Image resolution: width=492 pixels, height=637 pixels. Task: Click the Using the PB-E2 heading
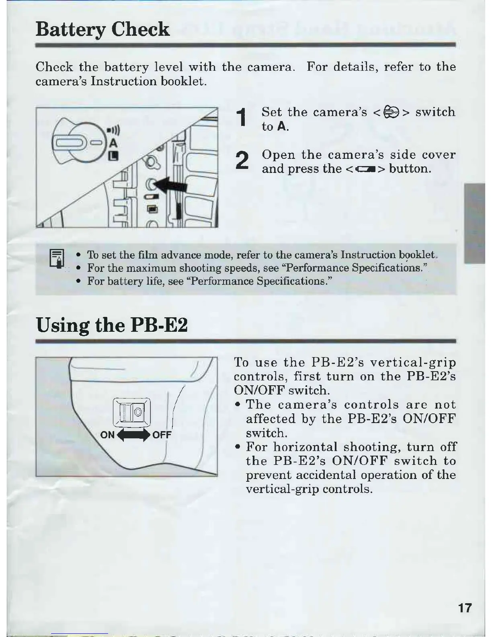tap(112, 325)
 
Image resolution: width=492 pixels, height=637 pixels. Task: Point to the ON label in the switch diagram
tap(107, 435)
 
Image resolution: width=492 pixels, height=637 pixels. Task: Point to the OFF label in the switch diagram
tap(162, 435)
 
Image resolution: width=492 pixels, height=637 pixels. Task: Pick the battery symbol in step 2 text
tap(365, 169)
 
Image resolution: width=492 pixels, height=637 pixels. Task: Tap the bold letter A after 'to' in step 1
tap(282, 127)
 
